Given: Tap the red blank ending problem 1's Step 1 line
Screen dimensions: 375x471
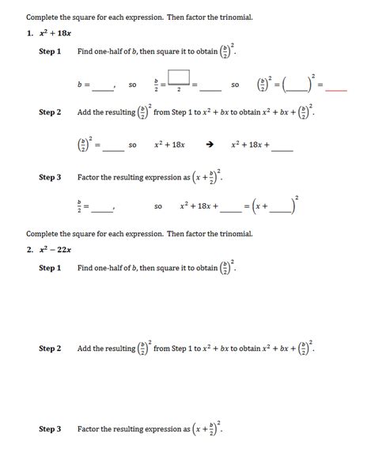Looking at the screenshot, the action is point(336,89).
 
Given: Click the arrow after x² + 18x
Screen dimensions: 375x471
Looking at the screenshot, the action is point(210,145).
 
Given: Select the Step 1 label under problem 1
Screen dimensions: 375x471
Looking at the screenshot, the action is point(50,51).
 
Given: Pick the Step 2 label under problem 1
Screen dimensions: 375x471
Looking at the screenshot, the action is point(50,112).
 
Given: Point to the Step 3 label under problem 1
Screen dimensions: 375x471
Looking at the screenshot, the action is point(50,178).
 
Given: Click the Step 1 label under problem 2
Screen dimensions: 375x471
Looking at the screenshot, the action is point(50,269).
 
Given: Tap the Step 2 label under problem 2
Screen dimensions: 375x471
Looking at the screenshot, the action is point(50,349).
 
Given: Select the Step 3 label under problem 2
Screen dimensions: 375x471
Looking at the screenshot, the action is point(50,429).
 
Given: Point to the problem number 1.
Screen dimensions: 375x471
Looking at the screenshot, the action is point(29,33).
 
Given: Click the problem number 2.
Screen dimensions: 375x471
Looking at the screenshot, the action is point(29,250).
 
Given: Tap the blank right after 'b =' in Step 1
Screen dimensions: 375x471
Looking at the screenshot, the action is point(103,89).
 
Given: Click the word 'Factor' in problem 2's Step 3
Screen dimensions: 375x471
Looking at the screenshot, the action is point(88,429).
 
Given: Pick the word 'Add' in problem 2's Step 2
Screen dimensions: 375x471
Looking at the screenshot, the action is point(84,349).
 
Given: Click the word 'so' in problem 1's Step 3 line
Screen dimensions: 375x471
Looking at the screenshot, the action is point(158,207).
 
